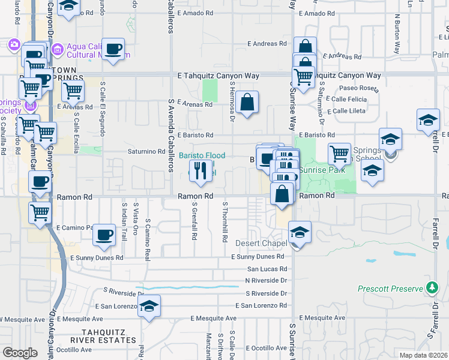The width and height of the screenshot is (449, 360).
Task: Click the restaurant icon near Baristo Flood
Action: pos(201,172)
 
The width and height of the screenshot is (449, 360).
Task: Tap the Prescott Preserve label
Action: pos(391,289)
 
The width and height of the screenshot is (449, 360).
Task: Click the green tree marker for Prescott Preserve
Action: pos(432,288)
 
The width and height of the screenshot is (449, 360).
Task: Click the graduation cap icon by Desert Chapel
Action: pos(300,232)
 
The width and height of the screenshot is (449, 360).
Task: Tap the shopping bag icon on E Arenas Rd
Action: pos(247,103)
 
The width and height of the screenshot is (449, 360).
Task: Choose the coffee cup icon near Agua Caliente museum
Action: pos(113,49)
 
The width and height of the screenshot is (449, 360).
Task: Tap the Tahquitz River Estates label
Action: pos(110,340)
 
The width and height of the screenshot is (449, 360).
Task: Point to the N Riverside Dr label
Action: pos(266,280)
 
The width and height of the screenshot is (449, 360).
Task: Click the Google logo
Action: pos(20,353)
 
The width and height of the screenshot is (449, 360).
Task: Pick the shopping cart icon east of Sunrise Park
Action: pos(339,153)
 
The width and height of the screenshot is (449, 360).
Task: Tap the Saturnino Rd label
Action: pos(146,151)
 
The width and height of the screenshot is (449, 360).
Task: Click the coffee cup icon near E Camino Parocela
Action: pos(104,235)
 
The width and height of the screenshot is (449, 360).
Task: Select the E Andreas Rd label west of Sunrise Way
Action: pos(267,44)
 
